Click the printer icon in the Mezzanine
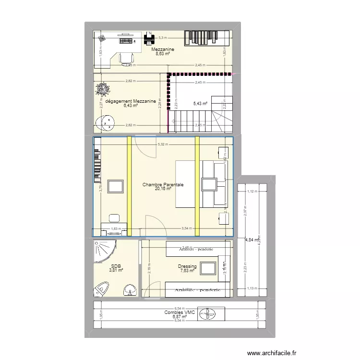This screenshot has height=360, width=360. coord(150,37)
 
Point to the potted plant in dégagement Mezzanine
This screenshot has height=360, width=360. coord(102,89)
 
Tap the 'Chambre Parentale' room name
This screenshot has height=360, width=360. coord(163,184)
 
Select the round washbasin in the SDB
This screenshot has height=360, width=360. coord(129,290)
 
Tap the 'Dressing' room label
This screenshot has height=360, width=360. coord(187,266)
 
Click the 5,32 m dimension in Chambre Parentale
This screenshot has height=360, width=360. coord(163,144)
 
